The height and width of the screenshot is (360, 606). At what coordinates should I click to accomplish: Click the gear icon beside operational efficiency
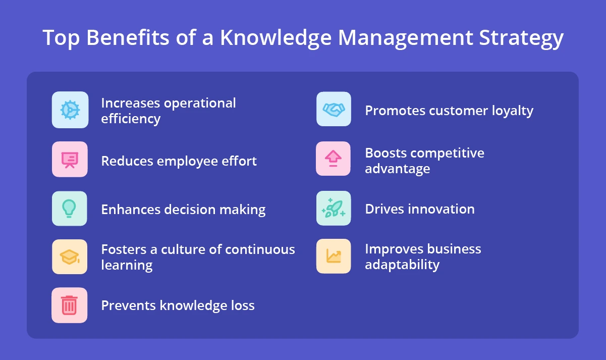coord(70,110)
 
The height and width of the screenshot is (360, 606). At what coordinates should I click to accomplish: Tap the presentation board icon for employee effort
coord(70,160)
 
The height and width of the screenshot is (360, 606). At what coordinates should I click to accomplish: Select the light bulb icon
coord(70,208)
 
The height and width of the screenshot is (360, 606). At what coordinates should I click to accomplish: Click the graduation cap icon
coord(70,256)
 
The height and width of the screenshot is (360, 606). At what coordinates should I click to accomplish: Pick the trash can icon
coord(70,305)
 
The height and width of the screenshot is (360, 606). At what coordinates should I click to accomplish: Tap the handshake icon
coord(334,109)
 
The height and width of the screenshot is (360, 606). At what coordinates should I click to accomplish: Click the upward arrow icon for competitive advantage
coord(334,159)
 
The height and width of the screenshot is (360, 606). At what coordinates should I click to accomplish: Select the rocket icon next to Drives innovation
coord(334,208)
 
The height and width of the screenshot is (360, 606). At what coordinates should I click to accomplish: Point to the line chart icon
coord(334,256)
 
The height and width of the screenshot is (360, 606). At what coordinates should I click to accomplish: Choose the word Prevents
coord(128,305)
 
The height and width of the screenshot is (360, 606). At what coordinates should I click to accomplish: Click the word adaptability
coord(402,265)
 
